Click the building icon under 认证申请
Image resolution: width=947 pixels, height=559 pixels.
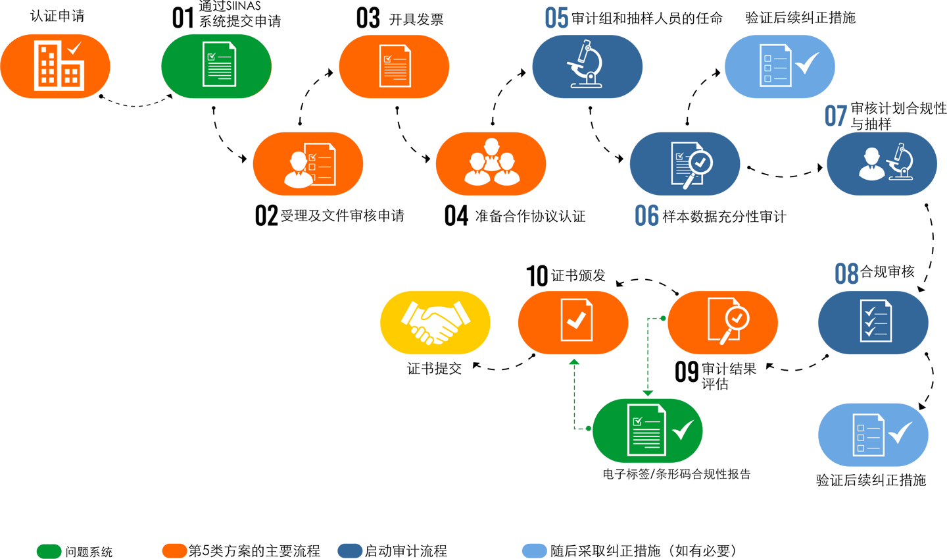(58, 66)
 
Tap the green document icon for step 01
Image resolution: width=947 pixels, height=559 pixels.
(218, 65)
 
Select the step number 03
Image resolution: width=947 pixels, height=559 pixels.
(368, 18)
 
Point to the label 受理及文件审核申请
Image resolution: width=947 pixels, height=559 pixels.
(342, 216)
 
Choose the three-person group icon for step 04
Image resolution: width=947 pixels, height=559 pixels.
(491, 163)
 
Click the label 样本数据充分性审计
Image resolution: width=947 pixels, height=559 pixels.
(724, 217)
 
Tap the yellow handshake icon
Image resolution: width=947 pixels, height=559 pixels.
(435, 322)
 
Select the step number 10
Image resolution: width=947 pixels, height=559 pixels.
(537, 276)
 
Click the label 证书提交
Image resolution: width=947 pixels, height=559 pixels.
(434, 369)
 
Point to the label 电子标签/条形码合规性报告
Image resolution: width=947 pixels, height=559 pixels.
(676, 474)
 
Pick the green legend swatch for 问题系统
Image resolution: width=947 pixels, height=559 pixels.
(49, 551)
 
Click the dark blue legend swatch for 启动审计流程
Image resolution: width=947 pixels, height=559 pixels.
(349, 550)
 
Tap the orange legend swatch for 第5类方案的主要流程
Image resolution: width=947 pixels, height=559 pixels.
(174, 550)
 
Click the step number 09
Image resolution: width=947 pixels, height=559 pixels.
(686, 372)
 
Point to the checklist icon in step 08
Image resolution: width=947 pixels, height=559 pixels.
(875, 321)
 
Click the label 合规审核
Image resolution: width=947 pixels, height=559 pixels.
(888, 272)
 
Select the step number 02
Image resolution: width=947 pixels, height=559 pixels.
(266, 216)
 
